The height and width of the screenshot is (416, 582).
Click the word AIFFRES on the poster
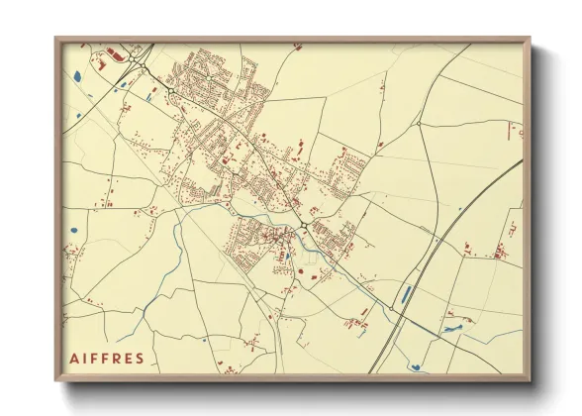pyautogui.click(x=108, y=358)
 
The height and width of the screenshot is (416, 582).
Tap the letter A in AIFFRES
pyautogui.click(x=76, y=358)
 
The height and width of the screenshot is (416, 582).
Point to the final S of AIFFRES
pyautogui.click(x=140, y=358)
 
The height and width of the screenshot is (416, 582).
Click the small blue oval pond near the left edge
pyautogui.click(x=74, y=233)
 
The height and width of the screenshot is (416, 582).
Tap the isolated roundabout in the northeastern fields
pyautogui.click(x=420, y=123)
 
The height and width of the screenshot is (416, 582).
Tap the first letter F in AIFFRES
pyautogui.click(x=95, y=358)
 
